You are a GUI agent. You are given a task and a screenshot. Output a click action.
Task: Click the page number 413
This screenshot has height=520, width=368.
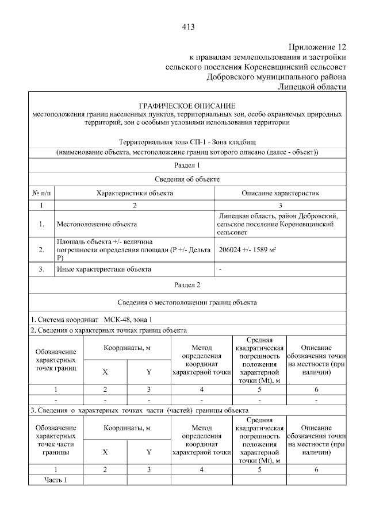[187, 26]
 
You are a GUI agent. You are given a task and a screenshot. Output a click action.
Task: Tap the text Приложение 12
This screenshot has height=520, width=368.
[318, 47]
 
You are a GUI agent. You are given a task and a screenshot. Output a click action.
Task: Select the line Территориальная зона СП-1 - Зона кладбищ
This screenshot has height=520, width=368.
[187, 141]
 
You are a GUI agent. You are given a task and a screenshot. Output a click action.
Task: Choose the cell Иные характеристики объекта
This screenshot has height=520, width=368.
[103, 269]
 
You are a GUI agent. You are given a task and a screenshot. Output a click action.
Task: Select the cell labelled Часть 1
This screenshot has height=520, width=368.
[56, 480]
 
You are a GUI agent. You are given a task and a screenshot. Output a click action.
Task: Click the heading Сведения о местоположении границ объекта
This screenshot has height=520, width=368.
[187, 302]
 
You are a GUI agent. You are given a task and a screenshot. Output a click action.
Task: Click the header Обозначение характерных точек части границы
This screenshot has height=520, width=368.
[56, 440]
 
